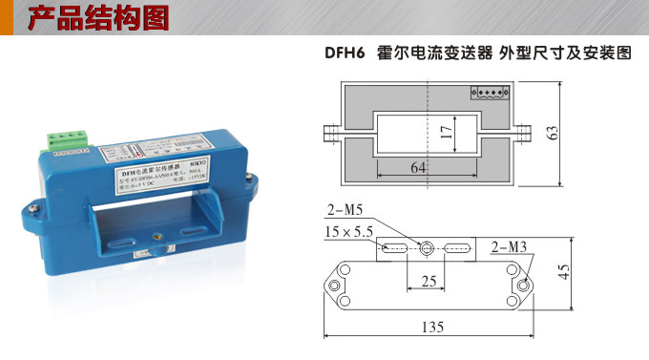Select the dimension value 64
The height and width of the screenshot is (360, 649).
pyautogui.click(x=419, y=168)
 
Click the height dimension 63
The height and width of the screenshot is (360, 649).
pyautogui.click(x=552, y=132)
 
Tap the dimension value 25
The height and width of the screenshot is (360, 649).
pyautogui.click(x=429, y=284)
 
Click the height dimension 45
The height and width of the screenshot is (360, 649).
pyautogui.click(x=564, y=272)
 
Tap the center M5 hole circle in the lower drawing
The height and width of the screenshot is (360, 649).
pyautogui.click(x=428, y=248)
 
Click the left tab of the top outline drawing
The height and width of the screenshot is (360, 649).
pyautogui.click(x=330, y=132)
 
